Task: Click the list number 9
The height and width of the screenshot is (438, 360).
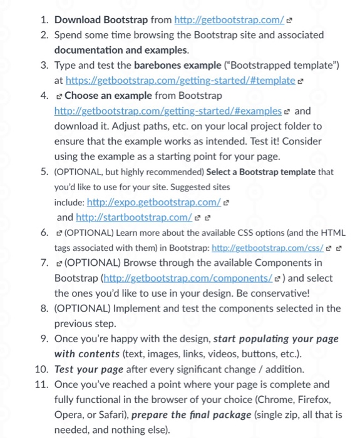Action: (44, 339)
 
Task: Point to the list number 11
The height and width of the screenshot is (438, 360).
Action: (42, 384)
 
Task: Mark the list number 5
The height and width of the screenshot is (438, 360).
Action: (44, 171)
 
